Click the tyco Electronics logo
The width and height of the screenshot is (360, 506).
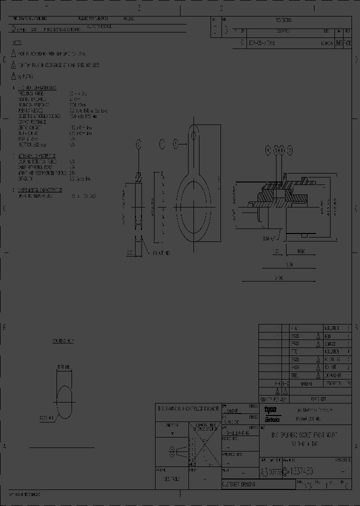coord(272,413)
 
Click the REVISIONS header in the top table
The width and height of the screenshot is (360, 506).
coord(283,20)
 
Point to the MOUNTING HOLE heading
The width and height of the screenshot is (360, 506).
coord(63,341)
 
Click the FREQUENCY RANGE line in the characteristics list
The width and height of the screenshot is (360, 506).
coord(31,92)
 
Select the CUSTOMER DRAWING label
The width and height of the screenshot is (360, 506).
coord(239,484)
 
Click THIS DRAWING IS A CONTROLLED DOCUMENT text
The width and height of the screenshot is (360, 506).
coord(187,408)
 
